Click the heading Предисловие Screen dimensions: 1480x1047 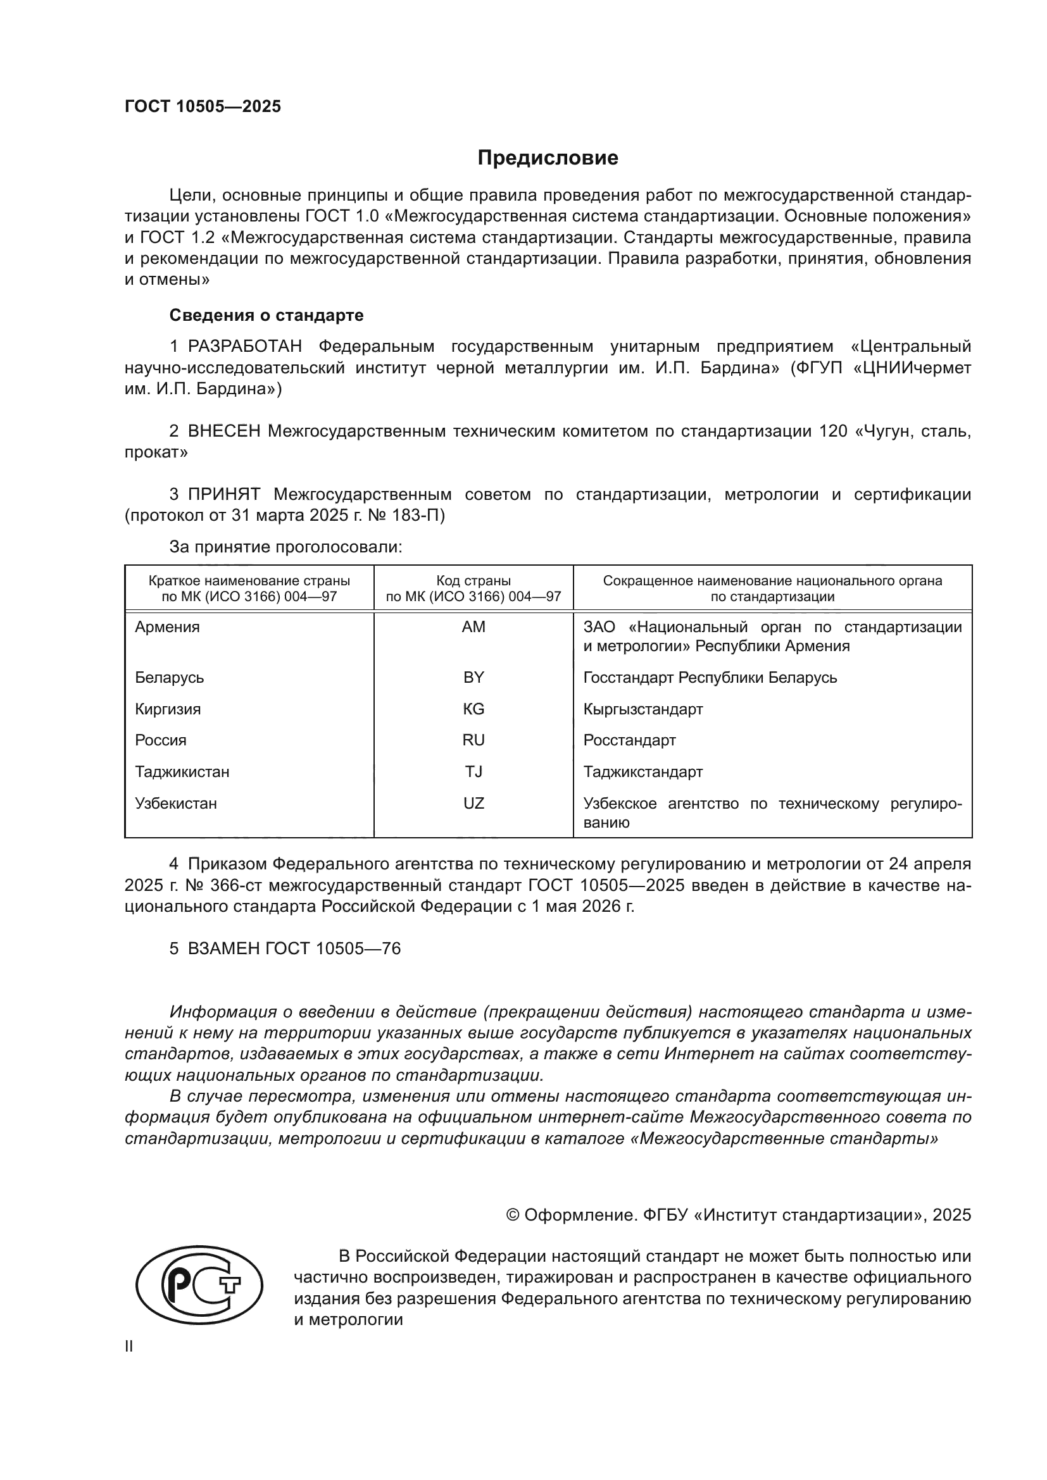pyautogui.click(x=548, y=158)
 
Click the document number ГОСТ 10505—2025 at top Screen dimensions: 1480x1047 pyautogui.click(x=203, y=107)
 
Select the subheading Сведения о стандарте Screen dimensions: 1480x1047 pyautogui.click(x=266, y=315)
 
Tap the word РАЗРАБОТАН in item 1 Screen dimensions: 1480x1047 pyautogui.click(x=245, y=347)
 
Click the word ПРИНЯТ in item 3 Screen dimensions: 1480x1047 pyautogui.click(x=223, y=494)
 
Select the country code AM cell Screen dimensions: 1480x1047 pyautogui.click(x=473, y=627)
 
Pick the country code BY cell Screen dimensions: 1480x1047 pyautogui.click(x=473, y=678)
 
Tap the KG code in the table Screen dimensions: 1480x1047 pyautogui.click(x=473, y=709)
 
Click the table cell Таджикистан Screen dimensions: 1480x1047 pyautogui.click(x=182, y=771)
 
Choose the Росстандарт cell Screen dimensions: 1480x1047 pyautogui.click(x=629, y=740)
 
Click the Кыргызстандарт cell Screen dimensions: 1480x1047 pyautogui.click(x=643, y=709)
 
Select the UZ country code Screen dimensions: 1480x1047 pyautogui.click(x=473, y=803)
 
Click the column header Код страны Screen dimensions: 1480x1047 pyautogui.click(x=473, y=581)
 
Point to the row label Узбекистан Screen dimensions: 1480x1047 pyautogui.click(x=175, y=803)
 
